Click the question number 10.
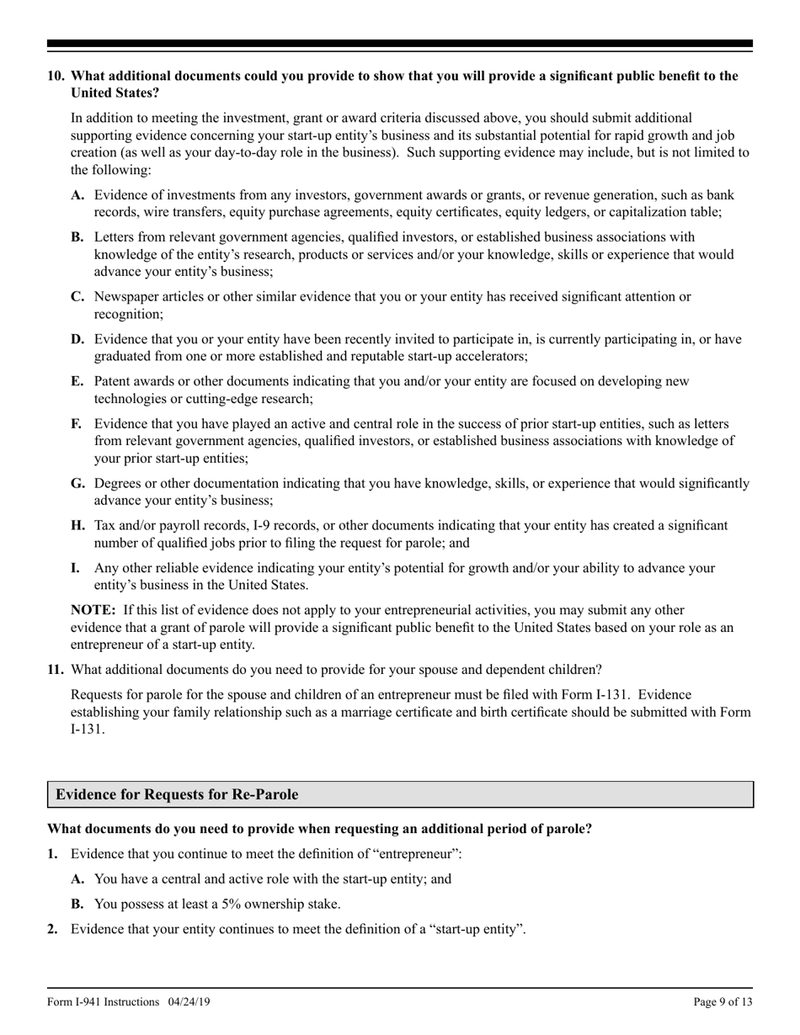[56, 76]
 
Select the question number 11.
[56, 670]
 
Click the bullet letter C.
[77, 296]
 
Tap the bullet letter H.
[78, 525]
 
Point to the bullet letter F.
[77, 424]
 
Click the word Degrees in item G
[119, 483]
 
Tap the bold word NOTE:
[93, 609]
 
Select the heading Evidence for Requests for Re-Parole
[177, 794]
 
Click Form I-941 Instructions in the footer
[104, 1001]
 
